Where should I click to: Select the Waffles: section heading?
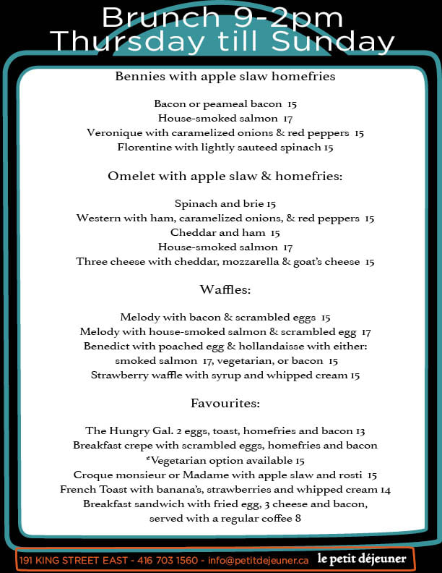[x=225, y=290]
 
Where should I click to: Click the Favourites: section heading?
[x=225, y=403]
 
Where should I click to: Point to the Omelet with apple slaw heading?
[x=225, y=177]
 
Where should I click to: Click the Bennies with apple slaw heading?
[x=225, y=76]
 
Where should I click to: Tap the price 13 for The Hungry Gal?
[x=360, y=430]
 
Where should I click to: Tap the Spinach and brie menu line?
[x=225, y=204]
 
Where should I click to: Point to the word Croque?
[x=93, y=475]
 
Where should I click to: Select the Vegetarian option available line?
[x=225, y=460]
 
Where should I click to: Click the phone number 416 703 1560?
[x=166, y=560]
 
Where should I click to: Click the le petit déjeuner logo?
[x=361, y=559]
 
